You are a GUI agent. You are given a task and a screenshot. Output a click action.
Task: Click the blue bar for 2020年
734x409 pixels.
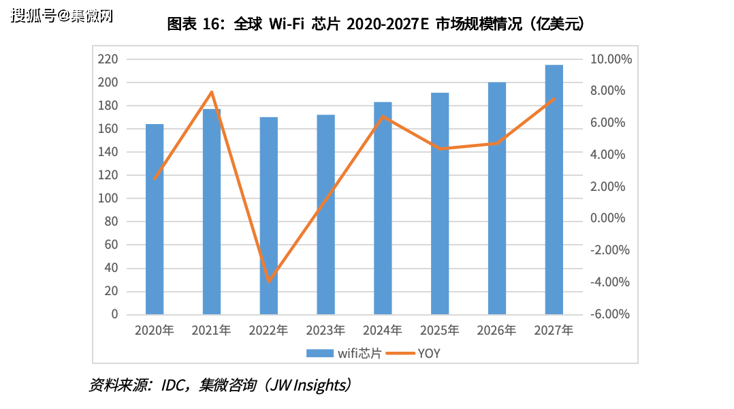tap(155, 219)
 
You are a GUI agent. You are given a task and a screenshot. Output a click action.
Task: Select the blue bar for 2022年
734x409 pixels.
tap(268, 215)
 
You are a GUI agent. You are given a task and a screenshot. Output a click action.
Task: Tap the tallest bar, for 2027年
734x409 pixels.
tap(554, 190)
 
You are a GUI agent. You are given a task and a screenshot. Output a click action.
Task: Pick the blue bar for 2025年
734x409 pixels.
tap(440, 203)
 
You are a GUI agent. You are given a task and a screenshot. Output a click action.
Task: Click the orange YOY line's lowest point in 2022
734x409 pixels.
tap(269, 281)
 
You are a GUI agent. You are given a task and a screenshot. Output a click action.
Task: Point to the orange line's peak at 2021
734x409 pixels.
tap(212, 92)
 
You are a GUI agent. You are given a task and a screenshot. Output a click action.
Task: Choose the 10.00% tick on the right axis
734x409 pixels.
tap(611, 59)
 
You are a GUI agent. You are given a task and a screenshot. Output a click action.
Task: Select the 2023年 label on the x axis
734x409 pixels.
tap(325, 331)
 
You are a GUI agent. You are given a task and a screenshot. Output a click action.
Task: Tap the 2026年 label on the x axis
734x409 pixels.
tap(496, 331)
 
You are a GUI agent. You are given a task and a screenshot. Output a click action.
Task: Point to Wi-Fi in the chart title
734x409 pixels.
tap(286, 25)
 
